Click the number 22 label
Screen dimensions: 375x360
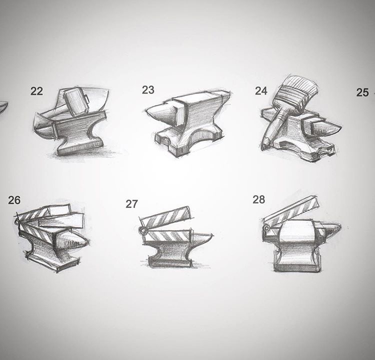click(x=36, y=91)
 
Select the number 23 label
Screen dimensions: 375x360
click(x=148, y=90)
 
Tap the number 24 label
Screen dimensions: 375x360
click(x=261, y=91)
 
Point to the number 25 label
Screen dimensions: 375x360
click(x=362, y=92)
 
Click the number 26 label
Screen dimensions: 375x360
click(x=14, y=200)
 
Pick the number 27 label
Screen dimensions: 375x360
click(x=132, y=204)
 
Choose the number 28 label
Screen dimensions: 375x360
click(x=259, y=199)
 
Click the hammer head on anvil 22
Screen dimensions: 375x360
click(x=76, y=101)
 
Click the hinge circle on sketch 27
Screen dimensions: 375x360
click(x=142, y=231)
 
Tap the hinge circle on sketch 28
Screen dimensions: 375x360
click(x=266, y=228)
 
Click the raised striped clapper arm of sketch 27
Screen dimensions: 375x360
click(x=165, y=216)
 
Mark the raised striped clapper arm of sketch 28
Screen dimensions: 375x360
click(x=292, y=211)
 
